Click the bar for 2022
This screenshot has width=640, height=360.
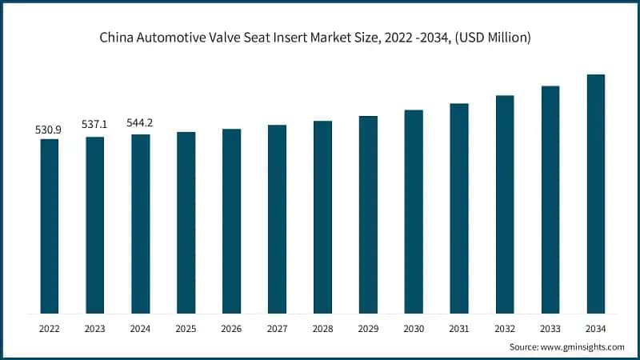point(50,226)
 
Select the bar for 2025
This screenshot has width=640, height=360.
point(186,222)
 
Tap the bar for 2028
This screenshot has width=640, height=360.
point(322,217)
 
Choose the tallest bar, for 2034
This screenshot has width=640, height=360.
point(595,194)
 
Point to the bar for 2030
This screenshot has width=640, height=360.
point(414,211)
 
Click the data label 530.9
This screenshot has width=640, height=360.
point(50,129)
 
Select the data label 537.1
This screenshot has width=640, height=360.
point(95,126)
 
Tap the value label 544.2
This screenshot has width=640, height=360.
point(141,123)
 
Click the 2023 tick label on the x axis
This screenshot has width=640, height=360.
point(95,328)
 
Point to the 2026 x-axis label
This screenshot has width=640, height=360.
point(231,328)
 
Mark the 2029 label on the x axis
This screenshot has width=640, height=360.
point(368,328)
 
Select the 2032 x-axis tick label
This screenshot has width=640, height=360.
point(504,328)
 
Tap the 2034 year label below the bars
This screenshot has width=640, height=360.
point(595,328)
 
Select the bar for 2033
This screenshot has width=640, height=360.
point(550,199)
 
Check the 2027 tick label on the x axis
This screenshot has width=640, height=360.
point(277,328)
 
